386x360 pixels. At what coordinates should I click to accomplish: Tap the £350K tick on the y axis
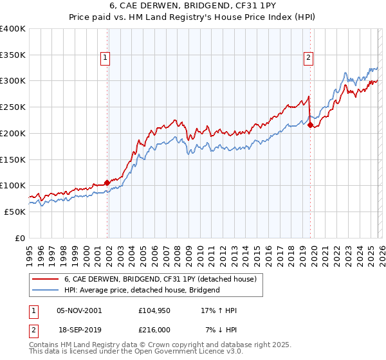click(x=12, y=55)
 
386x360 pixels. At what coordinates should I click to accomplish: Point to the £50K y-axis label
click(x=14, y=212)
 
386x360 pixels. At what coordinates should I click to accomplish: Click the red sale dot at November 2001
click(x=107, y=183)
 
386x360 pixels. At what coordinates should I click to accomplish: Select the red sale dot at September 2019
click(x=310, y=125)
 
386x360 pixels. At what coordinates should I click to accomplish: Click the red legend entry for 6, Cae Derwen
click(x=160, y=279)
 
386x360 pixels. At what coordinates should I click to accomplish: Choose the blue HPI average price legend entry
click(x=142, y=290)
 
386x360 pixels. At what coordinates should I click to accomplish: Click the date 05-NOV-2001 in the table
click(x=78, y=310)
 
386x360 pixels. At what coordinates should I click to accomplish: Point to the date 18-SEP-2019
click(x=78, y=330)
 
